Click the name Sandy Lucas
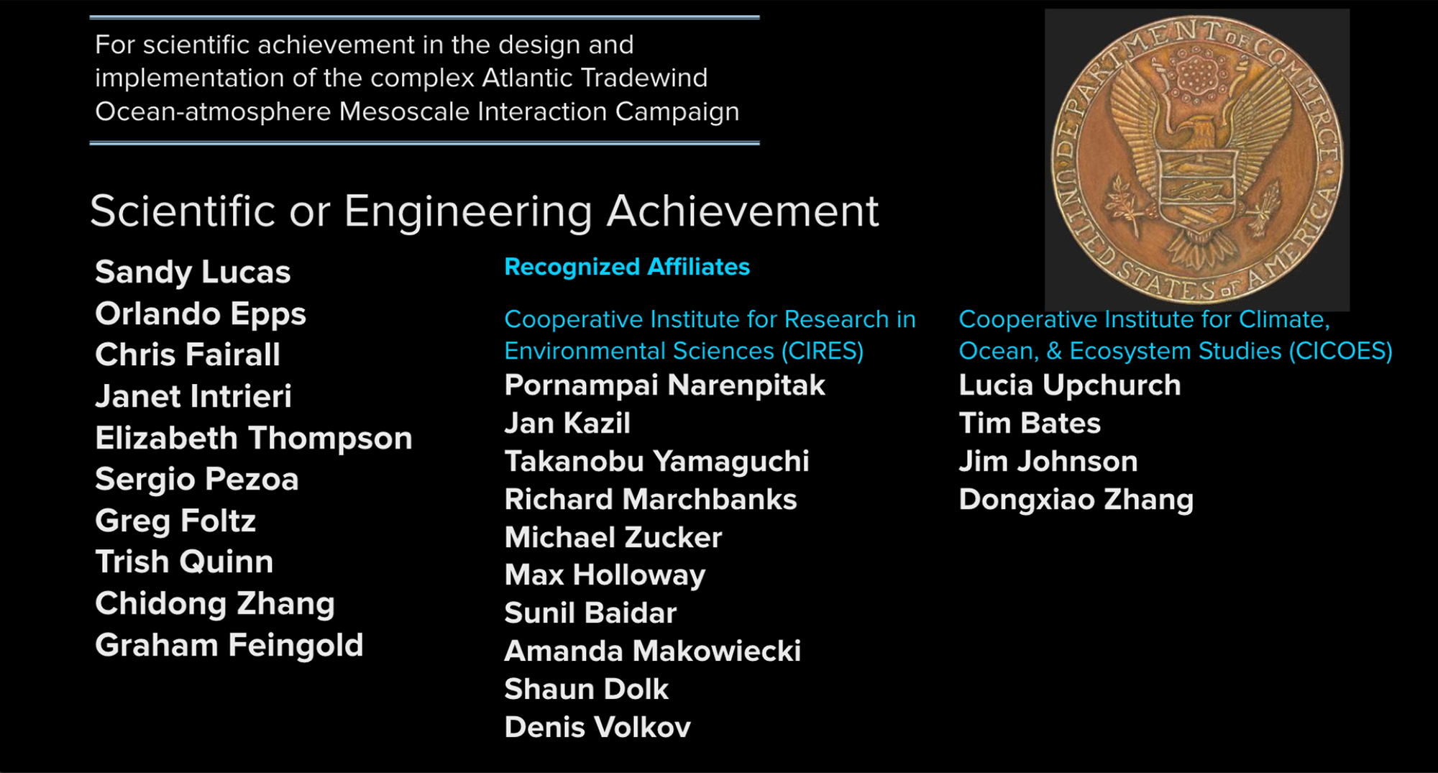pos(193,273)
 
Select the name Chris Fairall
pos(188,355)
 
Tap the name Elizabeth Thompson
pos(254,439)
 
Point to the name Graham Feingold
pos(229,646)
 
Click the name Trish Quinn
pos(184,562)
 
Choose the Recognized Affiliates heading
pos(627,267)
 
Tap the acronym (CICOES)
pos(1341,351)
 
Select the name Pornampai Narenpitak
pos(665,386)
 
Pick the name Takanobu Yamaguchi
pos(657,462)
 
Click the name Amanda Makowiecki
pos(653,651)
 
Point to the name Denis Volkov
pos(597,728)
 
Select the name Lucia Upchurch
pos(1070,386)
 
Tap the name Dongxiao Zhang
pos(1076,500)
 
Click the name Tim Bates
pos(1030,424)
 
